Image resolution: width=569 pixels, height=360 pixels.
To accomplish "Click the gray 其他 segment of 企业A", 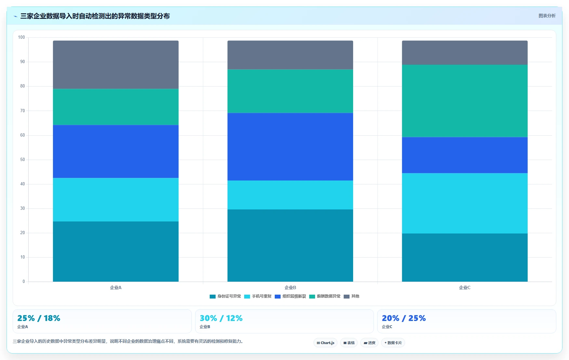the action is (116, 65).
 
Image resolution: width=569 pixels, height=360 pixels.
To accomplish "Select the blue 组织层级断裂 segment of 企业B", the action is (290, 147).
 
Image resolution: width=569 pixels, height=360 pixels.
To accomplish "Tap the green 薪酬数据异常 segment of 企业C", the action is (465, 101).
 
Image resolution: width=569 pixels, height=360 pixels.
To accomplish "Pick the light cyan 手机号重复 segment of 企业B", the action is (290, 195).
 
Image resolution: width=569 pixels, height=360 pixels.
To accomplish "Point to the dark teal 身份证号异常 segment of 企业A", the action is (116, 251).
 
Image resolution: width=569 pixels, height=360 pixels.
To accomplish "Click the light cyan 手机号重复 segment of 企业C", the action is (465, 203).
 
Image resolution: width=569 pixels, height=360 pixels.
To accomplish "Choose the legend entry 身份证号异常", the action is (225, 296).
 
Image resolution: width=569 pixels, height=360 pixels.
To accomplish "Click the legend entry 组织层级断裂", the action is (290, 296).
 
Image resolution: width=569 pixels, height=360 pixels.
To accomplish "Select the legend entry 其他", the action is (351, 296).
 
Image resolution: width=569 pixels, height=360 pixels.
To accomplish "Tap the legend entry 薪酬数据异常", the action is (325, 296).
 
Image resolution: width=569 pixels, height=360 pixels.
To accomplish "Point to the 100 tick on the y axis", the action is (21, 37).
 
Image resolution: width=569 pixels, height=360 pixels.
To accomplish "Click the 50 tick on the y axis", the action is (22, 160).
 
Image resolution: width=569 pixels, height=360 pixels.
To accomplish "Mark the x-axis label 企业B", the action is (290, 287).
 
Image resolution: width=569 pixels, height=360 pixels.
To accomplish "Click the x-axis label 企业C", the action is (465, 287).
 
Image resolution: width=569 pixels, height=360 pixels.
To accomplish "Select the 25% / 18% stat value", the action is (39, 318).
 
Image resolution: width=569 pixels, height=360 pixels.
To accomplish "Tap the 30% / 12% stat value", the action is (221, 318).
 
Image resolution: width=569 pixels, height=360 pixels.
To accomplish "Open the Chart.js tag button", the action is (325, 343).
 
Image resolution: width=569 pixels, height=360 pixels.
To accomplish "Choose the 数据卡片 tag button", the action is (393, 343).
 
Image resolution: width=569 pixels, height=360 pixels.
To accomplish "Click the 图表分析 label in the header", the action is (547, 16).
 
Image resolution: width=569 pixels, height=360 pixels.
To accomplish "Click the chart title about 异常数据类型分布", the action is (95, 16).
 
